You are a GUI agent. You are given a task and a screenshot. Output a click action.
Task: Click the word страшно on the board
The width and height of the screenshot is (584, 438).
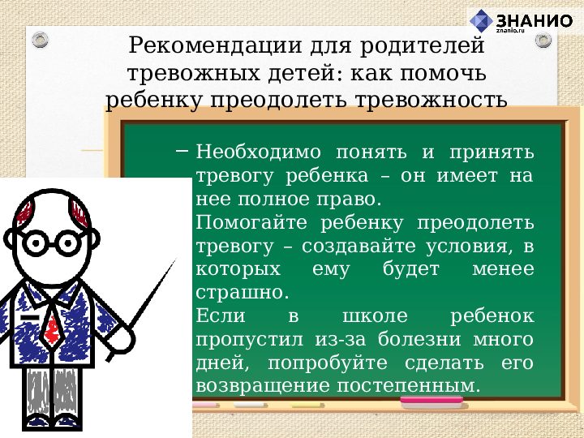coord(239,292)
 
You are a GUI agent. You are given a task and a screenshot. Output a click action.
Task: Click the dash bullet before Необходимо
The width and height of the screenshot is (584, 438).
coord(181,151)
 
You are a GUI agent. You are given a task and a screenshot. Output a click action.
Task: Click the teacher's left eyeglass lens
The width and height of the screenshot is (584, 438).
coord(36,242)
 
